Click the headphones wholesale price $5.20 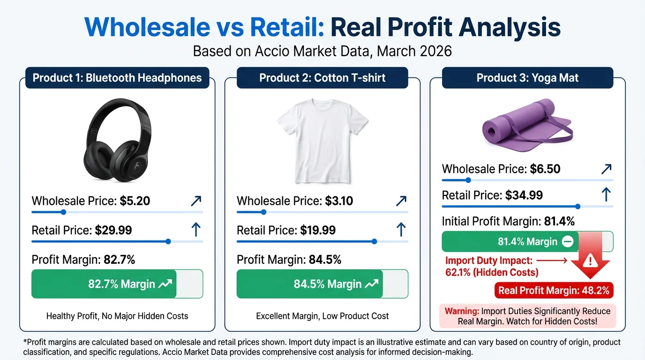[x=135, y=201]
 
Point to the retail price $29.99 [x=113, y=230]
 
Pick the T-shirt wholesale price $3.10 [x=339, y=201]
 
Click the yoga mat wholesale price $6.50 [x=545, y=169]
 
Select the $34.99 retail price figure [x=524, y=195]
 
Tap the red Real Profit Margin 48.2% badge [x=554, y=290]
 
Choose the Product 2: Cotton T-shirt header [x=322, y=77]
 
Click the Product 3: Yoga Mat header [x=527, y=77]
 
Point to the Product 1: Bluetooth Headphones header [x=117, y=77]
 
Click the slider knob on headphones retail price [x=168, y=242]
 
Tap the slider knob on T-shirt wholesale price [x=263, y=212]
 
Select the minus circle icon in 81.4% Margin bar [x=567, y=242]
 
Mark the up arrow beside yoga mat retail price [x=606, y=195]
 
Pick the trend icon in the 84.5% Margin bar [x=372, y=284]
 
